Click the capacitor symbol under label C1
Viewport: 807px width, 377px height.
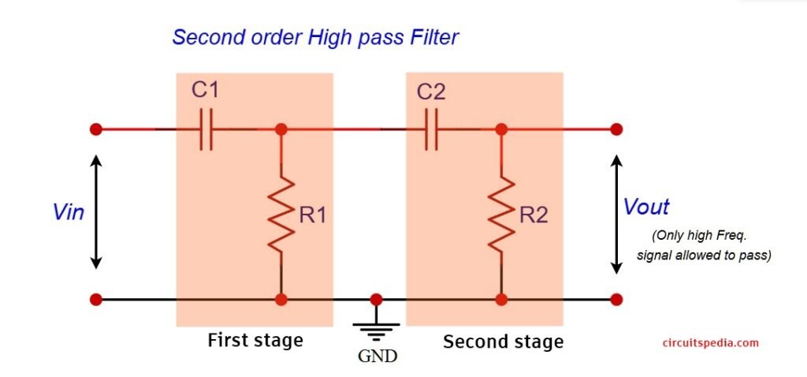(206, 129)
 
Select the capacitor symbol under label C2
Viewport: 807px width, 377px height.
(430, 129)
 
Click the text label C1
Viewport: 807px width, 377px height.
(205, 90)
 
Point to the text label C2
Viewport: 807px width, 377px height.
(431, 91)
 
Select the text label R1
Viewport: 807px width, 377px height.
(313, 215)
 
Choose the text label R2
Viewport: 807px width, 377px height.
(534, 215)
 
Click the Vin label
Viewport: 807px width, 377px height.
(69, 212)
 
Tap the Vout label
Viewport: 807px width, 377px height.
(646, 207)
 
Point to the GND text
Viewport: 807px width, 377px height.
(377, 355)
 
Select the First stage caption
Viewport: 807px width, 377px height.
(255, 341)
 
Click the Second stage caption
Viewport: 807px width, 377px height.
(503, 342)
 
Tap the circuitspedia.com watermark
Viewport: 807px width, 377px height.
(710, 342)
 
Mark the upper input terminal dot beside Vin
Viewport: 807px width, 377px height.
(96, 129)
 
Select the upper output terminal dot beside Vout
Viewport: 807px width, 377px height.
(616, 129)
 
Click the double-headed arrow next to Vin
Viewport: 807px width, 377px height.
(96, 211)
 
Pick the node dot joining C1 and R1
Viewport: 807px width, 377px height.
(281, 129)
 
